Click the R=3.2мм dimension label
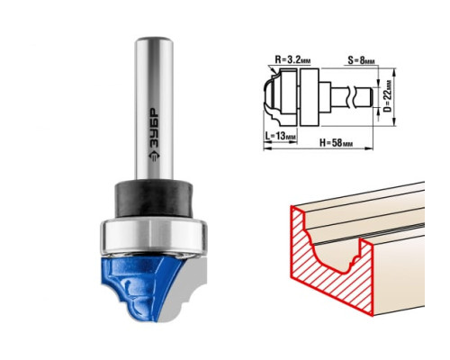click(292, 59)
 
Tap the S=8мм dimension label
click(361, 60)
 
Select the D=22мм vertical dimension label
click(388, 96)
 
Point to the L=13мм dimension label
click(281, 136)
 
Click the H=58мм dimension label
click(336, 143)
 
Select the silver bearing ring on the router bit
click(153, 236)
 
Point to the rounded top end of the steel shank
click(154, 40)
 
